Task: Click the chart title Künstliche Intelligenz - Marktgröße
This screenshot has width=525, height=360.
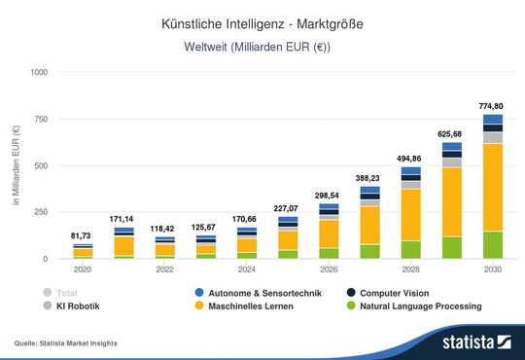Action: point(262,21)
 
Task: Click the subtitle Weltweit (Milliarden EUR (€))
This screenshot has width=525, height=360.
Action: point(262,48)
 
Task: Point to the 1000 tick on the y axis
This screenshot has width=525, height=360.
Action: point(39,72)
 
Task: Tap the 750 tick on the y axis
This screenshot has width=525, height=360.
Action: point(41,119)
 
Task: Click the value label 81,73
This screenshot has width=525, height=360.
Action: point(83,235)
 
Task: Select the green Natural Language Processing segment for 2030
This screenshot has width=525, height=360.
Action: point(492,245)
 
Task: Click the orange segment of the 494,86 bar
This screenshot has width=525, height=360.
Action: point(410,214)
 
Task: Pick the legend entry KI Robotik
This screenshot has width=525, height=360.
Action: point(80,306)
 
